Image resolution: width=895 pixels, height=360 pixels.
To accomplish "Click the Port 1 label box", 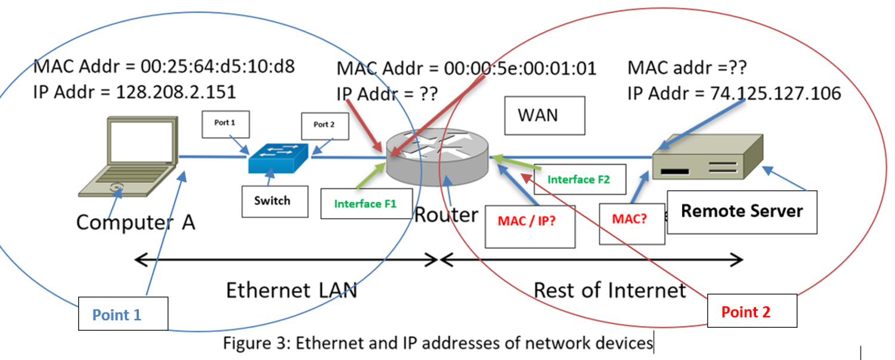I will click(x=225, y=124).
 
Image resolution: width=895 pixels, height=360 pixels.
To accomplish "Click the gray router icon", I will click(x=436, y=157).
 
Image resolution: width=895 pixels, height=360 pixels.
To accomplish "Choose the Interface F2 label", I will click(x=579, y=179).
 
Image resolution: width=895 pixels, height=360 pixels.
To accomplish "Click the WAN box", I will click(x=537, y=115).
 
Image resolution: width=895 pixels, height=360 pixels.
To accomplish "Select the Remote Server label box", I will click(x=742, y=211).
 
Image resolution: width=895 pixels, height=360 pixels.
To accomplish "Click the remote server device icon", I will click(x=707, y=157).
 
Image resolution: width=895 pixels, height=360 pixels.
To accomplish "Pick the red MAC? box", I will click(x=630, y=219).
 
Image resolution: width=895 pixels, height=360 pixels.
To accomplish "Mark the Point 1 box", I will click(x=123, y=314).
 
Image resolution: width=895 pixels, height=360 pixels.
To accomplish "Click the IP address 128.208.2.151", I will click(x=176, y=92).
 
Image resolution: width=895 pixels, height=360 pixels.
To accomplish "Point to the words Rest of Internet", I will click(x=609, y=290).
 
